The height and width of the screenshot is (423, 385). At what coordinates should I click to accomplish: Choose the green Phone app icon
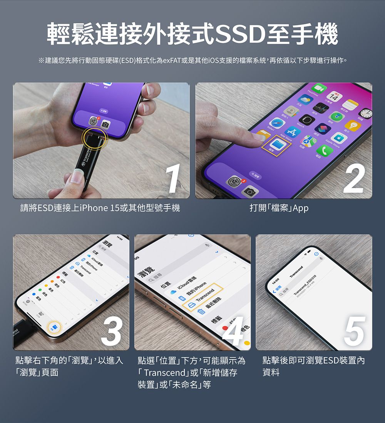pyautogui.click(x=325, y=151)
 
